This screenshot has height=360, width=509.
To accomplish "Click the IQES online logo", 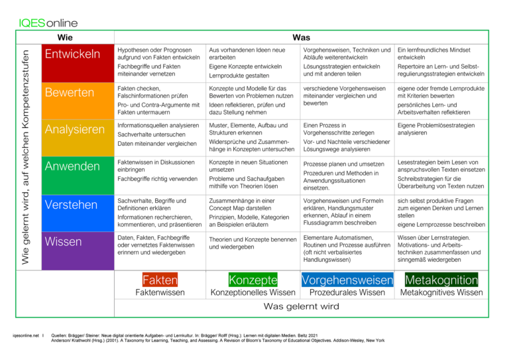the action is (48, 23).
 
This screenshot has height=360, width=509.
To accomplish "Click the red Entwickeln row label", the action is (78, 63).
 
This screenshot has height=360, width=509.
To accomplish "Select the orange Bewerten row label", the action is (78, 101).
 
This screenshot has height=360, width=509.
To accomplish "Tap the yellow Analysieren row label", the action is (78, 138).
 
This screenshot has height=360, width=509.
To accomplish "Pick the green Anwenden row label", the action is (78, 175).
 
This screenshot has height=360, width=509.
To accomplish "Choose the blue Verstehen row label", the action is (78, 213).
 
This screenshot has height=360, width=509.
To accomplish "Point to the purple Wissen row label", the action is (78, 251).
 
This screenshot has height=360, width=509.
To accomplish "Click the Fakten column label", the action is (160, 280).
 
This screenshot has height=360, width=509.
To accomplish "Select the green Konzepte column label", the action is (253, 280).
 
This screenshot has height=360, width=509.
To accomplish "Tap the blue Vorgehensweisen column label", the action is (347, 280).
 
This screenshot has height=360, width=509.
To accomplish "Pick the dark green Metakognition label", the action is (441, 280).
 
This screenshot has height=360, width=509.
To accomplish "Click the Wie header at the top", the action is (65, 37).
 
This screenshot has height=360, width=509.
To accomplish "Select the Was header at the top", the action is (302, 37).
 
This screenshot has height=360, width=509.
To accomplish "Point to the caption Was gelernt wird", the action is (302, 306).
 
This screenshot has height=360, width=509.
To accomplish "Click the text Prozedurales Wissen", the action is (347, 292).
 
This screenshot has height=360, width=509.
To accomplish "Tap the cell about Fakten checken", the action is (159, 101).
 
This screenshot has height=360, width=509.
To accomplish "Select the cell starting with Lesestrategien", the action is (441, 174).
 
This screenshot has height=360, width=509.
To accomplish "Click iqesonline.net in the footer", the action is (26, 335).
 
